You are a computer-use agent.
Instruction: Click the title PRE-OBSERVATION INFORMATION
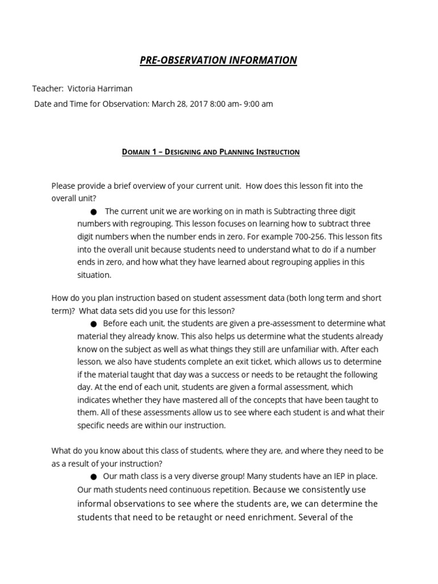[218, 60]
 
